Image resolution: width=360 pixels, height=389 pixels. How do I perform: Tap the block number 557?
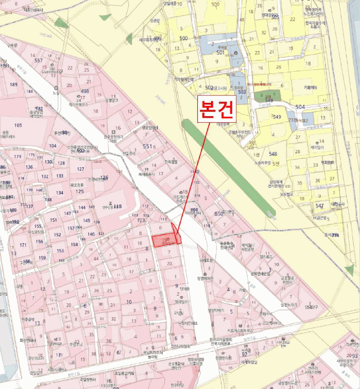pos(39,60)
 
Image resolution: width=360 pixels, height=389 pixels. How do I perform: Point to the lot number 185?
pos(13,84)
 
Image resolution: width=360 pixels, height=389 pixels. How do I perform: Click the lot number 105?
pos(18,125)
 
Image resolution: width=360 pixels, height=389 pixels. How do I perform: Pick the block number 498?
pos(84,91)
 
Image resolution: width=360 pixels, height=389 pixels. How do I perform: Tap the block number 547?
pos(319,206)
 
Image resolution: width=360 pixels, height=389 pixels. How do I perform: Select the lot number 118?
pos(117,206)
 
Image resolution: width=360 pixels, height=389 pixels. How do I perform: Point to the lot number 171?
pos(23,245)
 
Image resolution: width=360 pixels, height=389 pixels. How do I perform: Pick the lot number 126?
pos(103,177)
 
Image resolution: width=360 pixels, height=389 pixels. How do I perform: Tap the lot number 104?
pos(53,146)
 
